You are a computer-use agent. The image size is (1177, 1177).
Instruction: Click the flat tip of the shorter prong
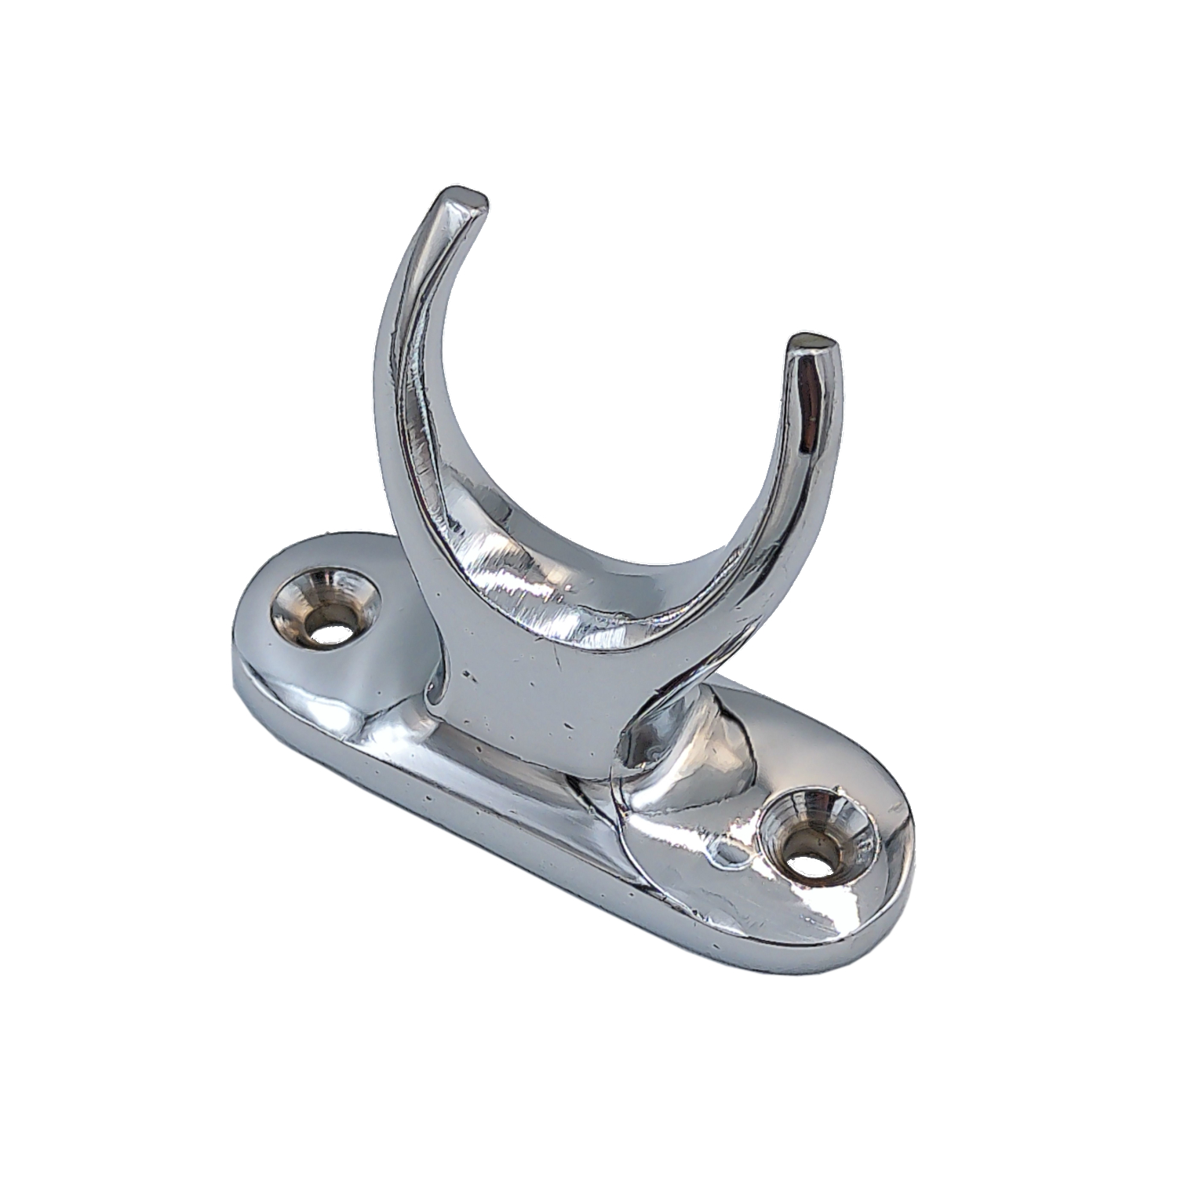(809, 343)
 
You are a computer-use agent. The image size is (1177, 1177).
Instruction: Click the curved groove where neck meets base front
(604, 785)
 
